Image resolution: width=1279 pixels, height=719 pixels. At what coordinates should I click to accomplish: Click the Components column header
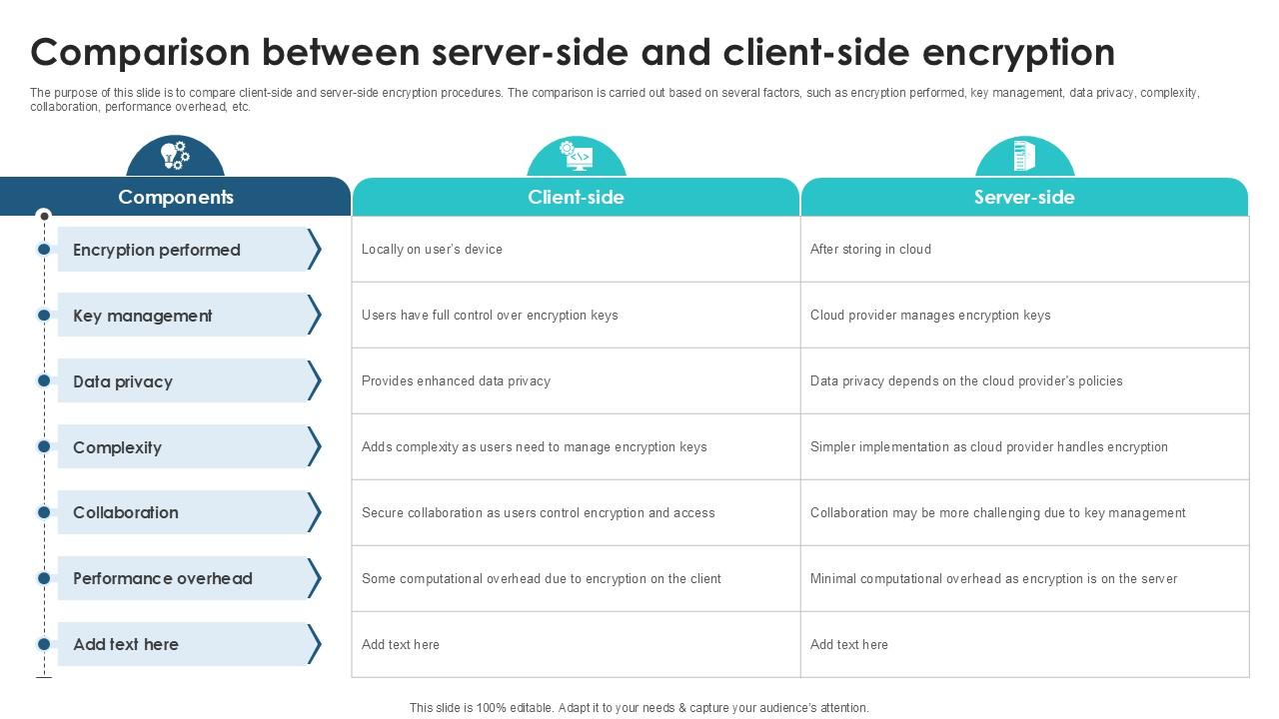[x=176, y=197]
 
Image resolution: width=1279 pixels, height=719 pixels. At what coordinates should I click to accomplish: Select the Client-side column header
[x=576, y=197]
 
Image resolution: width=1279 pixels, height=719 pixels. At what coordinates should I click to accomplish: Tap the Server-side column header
[x=1024, y=197]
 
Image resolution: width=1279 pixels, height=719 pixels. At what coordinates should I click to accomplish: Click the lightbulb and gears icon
[x=175, y=155]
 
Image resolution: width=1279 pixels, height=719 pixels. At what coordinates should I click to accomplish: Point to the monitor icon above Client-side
[x=577, y=155]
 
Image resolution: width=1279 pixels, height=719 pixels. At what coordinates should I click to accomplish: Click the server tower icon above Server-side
[x=1024, y=155]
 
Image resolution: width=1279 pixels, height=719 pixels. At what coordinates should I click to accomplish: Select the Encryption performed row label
[x=157, y=250]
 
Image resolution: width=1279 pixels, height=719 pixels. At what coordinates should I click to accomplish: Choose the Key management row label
[x=142, y=316]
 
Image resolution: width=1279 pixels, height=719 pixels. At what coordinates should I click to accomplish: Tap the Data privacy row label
[x=123, y=381]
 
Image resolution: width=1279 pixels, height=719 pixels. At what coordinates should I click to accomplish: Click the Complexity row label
[x=117, y=447]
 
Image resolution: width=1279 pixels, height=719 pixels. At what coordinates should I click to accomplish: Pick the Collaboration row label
[x=126, y=512]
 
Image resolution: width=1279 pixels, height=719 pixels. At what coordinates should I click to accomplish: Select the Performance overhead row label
[x=163, y=578]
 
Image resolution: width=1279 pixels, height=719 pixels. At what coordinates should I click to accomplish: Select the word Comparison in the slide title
[x=141, y=53]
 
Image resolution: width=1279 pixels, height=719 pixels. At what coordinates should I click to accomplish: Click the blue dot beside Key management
[x=44, y=315]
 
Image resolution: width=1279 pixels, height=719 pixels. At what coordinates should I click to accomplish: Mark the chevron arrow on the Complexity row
[x=314, y=446]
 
